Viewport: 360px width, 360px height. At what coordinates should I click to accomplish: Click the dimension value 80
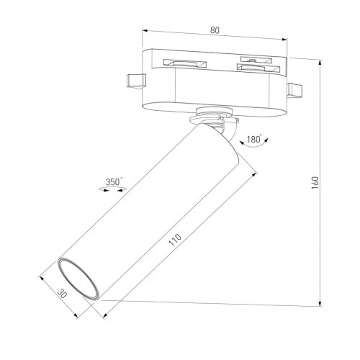click(215, 31)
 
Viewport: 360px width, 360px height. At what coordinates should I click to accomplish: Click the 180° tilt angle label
click(253, 139)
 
